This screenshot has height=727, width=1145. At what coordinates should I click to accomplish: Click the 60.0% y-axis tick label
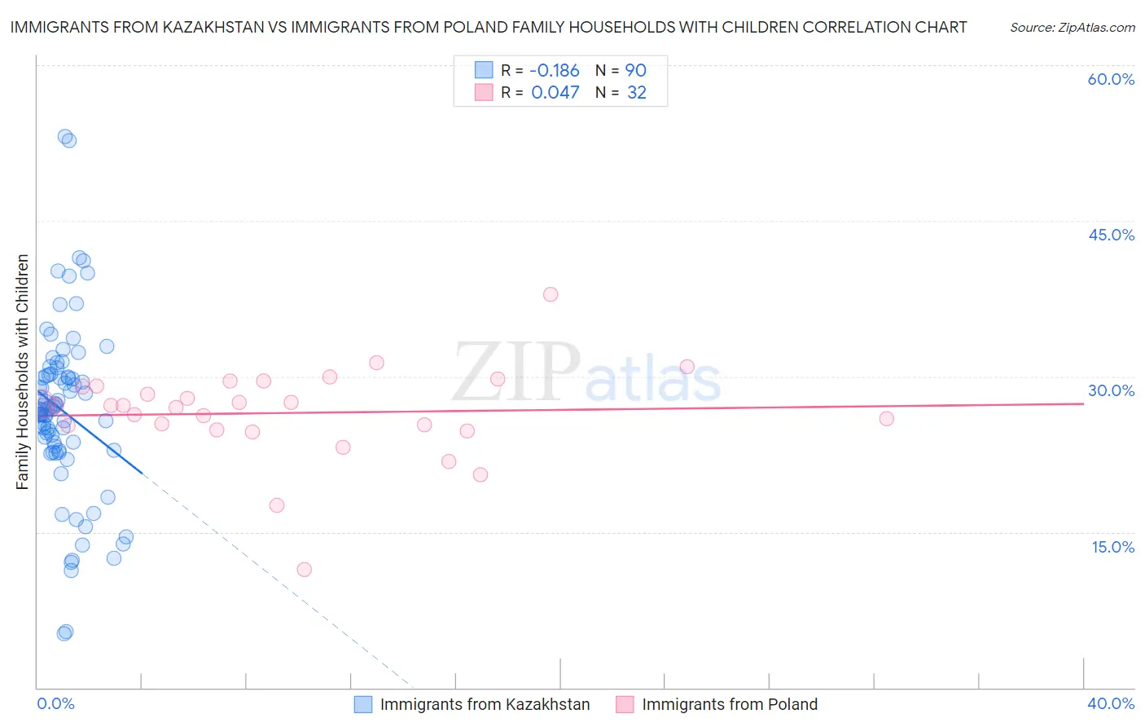click(1111, 79)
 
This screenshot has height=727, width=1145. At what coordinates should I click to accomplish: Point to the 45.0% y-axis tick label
click(1111, 235)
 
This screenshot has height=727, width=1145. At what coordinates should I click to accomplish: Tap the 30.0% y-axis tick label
click(1111, 390)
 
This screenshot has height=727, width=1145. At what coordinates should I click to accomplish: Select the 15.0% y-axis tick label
click(1112, 547)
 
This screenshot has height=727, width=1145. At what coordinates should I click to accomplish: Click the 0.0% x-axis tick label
click(55, 703)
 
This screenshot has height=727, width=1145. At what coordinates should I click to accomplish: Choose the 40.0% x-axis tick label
click(1111, 703)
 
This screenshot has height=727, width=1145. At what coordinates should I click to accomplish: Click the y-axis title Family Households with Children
click(22, 372)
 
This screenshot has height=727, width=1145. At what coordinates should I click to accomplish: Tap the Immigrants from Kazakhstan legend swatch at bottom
click(363, 704)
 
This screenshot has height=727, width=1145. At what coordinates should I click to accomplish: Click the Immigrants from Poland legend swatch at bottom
click(625, 704)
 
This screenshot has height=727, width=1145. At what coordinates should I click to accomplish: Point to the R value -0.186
click(555, 70)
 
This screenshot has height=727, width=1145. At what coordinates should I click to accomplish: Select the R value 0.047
click(555, 93)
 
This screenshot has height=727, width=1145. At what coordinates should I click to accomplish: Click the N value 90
click(635, 70)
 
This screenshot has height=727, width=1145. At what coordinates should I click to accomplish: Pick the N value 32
click(636, 93)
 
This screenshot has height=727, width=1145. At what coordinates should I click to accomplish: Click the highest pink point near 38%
click(551, 294)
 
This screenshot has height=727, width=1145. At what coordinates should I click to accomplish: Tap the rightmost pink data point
click(887, 419)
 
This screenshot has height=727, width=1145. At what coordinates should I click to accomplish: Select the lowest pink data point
click(305, 570)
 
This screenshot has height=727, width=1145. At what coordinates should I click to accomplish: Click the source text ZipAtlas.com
click(1073, 28)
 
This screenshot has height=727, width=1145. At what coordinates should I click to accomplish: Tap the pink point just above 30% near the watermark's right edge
click(687, 367)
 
